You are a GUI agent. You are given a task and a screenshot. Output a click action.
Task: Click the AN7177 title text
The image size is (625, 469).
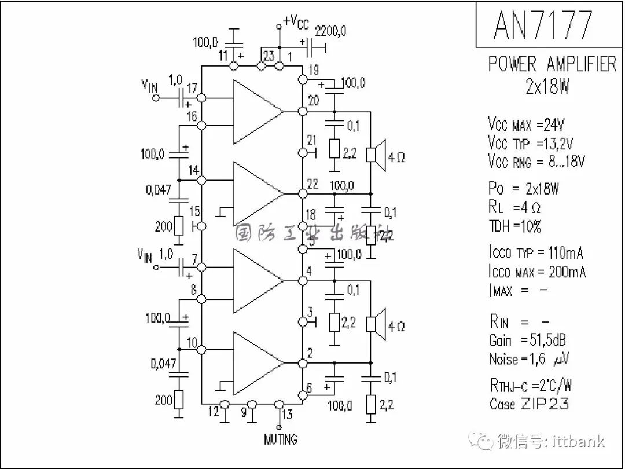click(x=543, y=25)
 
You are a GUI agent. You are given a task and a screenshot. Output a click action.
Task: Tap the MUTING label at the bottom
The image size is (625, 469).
click(x=280, y=439)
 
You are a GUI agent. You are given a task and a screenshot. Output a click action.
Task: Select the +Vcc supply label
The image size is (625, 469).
click(x=296, y=23)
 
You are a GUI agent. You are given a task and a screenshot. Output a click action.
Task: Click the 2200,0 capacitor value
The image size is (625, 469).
click(x=330, y=31)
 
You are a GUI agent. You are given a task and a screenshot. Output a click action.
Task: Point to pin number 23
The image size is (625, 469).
click(x=269, y=56)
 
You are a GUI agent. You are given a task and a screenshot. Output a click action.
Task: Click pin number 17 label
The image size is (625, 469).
click(x=192, y=87)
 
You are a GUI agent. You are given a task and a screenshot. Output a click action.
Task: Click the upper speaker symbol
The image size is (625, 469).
click(x=379, y=155)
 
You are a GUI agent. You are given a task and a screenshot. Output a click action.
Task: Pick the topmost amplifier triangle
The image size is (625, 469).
click(x=257, y=111)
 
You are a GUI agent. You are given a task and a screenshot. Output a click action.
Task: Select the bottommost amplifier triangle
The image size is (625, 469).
click(x=257, y=363)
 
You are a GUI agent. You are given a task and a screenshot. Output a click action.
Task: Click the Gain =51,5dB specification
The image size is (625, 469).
click(x=525, y=340)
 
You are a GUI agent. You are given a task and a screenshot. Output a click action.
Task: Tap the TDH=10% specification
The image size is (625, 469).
click(x=514, y=226)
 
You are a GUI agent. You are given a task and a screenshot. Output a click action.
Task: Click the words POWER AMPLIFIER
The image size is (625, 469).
click(x=552, y=64)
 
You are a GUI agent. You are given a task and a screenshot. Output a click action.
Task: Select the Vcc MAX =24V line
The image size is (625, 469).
click(x=526, y=124)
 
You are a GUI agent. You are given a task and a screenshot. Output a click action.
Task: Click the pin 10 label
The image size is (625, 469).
click(x=192, y=342)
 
